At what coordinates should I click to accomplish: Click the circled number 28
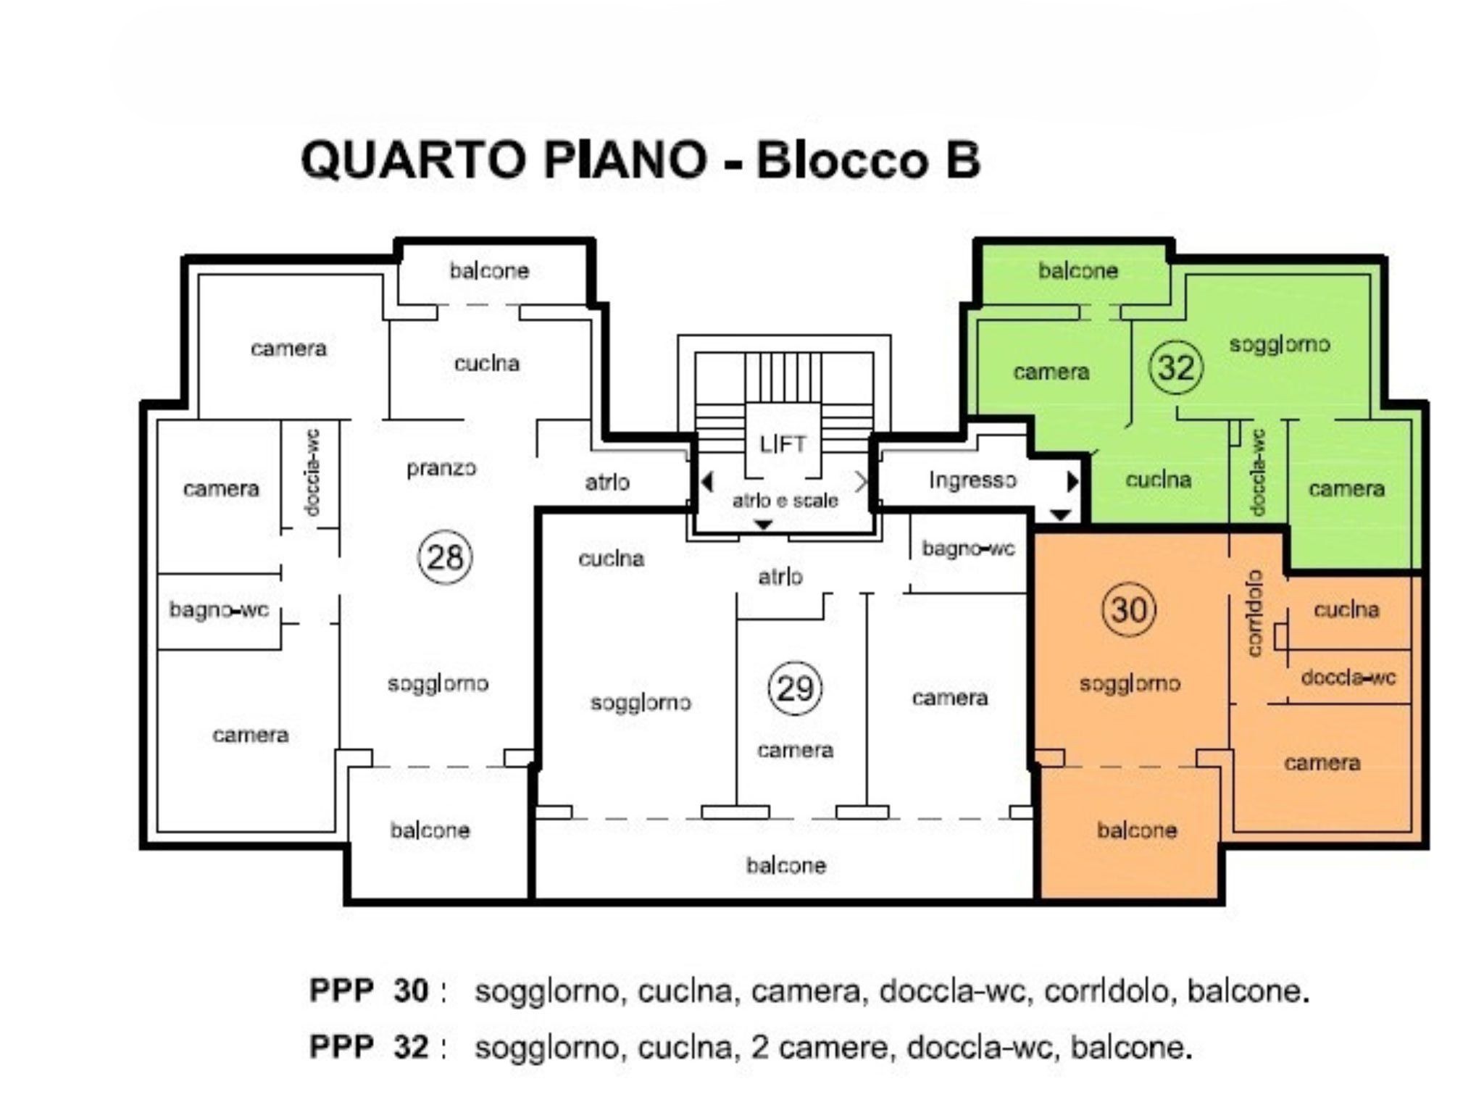coord(445,557)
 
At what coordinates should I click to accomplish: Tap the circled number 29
coord(795,688)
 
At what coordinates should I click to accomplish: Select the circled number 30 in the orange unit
coord(1128,609)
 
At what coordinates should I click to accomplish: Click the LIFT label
coord(783,443)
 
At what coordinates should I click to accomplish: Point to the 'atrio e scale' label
coord(785,500)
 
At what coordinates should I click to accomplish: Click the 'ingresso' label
coord(972,480)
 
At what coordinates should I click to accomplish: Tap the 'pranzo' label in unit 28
coord(441,469)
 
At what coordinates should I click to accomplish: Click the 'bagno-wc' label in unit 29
coord(968,549)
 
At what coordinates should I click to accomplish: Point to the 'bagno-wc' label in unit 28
coord(219,610)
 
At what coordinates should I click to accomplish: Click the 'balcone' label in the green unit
coord(1077,271)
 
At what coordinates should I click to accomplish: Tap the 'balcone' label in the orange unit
coord(1136,830)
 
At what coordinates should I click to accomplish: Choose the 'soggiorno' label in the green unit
coord(1279,344)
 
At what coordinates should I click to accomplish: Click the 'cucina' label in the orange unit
coord(1346,610)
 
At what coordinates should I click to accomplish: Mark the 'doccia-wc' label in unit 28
coord(312,472)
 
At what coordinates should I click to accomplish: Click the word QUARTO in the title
coord(413,159)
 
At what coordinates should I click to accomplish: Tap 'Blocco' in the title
coord(841,159)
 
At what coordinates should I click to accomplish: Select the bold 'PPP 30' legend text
coord(369,991)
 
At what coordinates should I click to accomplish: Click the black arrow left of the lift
coord(707,482)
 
